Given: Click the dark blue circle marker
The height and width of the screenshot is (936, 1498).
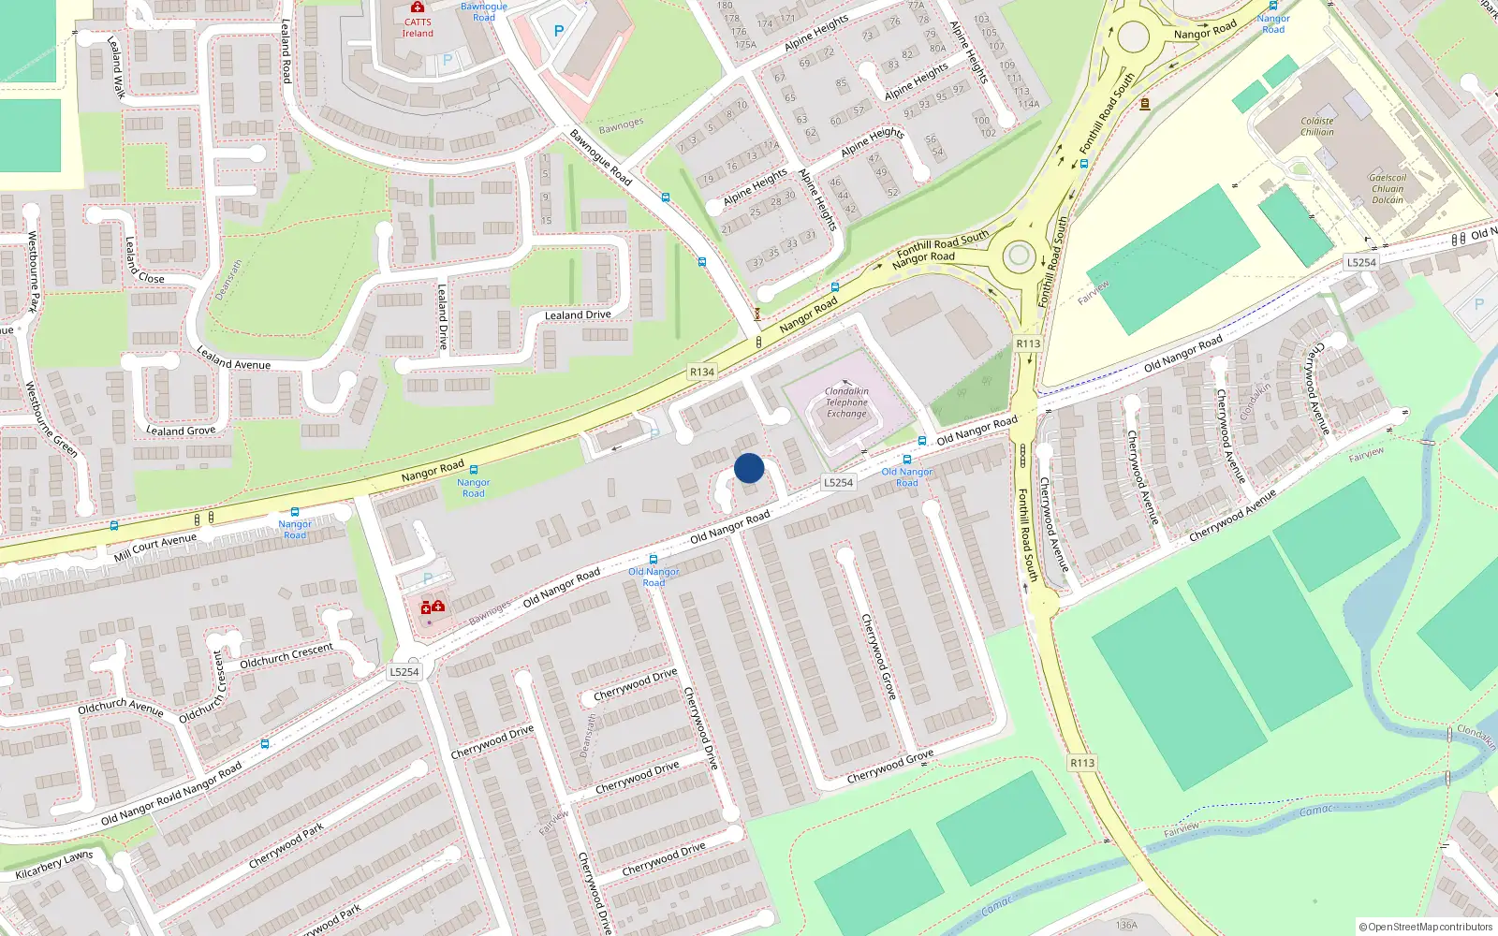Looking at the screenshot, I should pyautogui.click(x=749, y=468).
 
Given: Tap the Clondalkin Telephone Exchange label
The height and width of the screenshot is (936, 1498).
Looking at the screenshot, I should pyautogui.click(x=846, y=402).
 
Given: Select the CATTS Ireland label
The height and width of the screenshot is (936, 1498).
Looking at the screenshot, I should pyautogui.click(x=418, y=28).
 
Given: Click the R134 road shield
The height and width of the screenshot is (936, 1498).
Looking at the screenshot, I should pyautogui.click(x=702, y=372).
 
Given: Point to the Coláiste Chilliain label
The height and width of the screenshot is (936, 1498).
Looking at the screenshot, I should pyautogui.click(x=1316, y=126).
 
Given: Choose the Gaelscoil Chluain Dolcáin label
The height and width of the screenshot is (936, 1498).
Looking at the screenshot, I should pyautogui.click(x=1388, y=188).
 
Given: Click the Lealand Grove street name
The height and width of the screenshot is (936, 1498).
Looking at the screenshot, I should pyautogui.click(x=181, y=431).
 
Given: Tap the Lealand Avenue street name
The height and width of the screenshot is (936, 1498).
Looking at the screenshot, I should pyautogui.click(x=233, y=358).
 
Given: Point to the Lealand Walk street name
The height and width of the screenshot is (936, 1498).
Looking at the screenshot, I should pyautogui.click(x=116, y=67).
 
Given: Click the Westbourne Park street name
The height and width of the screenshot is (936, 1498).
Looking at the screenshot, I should pyautogui.click(x=34, y=271).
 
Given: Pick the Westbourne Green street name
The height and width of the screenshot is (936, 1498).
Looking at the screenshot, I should pyautogui.click(x=51, y=418).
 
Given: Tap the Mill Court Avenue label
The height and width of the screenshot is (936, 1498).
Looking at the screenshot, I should pyautogui.click(x=155, y=548).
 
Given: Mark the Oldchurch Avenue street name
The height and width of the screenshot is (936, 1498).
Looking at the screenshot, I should pyautogui.click(x=120, y=708).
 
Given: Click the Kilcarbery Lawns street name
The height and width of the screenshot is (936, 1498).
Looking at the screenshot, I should pyautogui.click(x=54, y=865).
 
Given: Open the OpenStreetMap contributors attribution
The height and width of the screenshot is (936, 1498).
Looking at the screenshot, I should pyautogui.click(x=1426, y=927).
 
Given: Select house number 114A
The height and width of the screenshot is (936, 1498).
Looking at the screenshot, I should pyautogui.click(x=1028, y=104).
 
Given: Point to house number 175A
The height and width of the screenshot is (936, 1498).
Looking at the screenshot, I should pyautogui.click(x=745, y=44).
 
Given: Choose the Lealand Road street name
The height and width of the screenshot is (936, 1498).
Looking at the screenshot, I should pyautogui.click(x=286, y=51).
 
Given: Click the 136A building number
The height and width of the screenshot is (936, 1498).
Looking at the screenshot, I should pyautogui.click(x=1126, y=925).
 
